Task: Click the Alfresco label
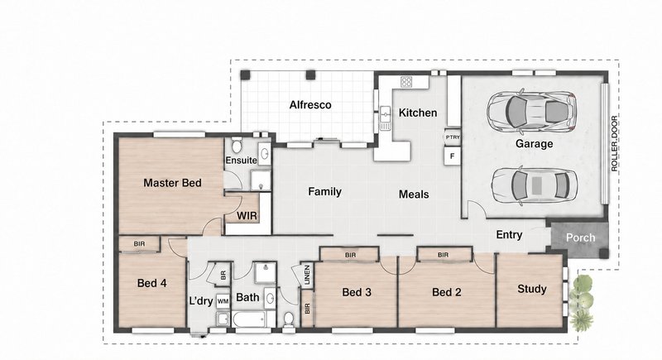tap(310, 104)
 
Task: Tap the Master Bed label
tap(172, 183)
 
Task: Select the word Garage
tap(534, 143)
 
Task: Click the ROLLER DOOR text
tap(614, 143)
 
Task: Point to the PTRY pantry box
tap(452, 137)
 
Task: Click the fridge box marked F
tap(452, 156)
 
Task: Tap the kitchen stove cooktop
tap(406, 81)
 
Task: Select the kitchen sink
tap(386, 118)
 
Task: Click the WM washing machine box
tap(223, 301)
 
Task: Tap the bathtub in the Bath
tap(249, 319)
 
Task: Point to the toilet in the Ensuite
tap(237, 146)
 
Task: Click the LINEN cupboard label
tap(307, 275)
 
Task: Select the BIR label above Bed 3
tap(350, 255)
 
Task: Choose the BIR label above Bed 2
tap(443, 255)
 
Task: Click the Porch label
tap(581, 238)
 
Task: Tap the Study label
tap(532, 289)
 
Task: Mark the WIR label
tap(247, 216)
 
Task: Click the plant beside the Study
tap(582, 303)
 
